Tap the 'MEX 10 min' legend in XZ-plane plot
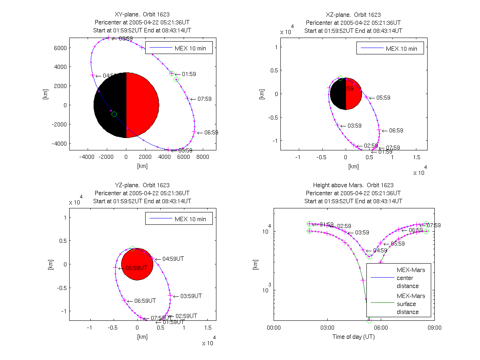point(390,49)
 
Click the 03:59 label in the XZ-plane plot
point(354,126)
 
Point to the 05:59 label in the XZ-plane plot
point(383,98)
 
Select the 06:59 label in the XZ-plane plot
point(396,130)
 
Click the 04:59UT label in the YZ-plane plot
point(173,259)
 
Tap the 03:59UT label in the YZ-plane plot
point(191,296)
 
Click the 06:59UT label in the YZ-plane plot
point(145,300)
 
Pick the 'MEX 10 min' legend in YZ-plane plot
point(179,219)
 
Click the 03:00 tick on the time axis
point(327,328)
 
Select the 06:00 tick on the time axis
point(380,328)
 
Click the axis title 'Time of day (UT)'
point(354,337)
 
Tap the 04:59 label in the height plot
point(380,250)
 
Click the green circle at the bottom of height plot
point(369,320)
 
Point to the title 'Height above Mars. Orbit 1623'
point(353,185)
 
